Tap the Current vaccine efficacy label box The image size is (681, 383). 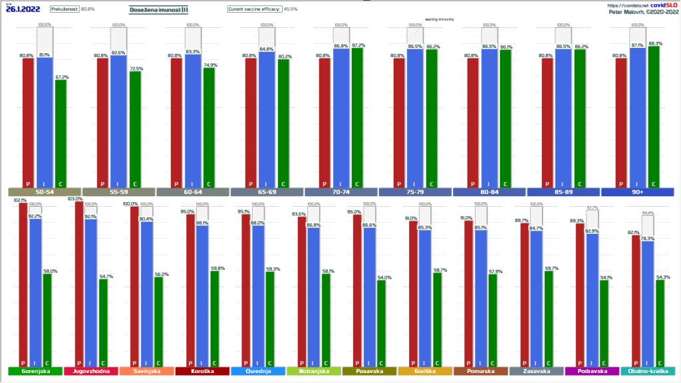point(255,9)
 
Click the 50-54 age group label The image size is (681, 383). point(44,191)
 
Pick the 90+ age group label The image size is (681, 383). point(636,191)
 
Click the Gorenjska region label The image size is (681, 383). point(35,371)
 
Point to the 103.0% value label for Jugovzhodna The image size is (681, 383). point(75,199)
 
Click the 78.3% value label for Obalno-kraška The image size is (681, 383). point(648,238)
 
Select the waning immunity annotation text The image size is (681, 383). point(440,19)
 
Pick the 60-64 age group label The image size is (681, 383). point(192,191)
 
